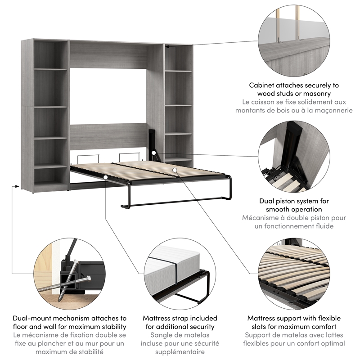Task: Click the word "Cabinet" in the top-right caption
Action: pos(262,85)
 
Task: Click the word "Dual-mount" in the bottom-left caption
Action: pos(33,318)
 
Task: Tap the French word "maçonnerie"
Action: pos(329,111)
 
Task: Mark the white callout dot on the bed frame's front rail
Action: pos(105,177)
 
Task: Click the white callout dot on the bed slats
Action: pos(175,170)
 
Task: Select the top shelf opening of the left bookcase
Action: pos(51,54)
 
